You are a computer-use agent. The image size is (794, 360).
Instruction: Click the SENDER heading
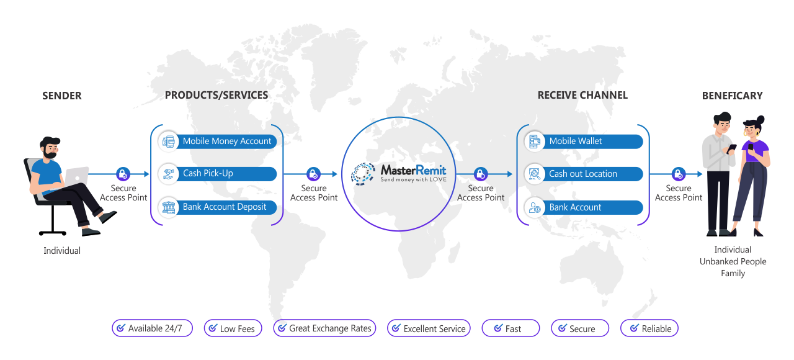(x=62, y=96)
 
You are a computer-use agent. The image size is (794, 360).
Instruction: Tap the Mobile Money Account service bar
(x=217, y=141)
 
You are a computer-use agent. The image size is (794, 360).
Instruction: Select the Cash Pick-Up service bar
(x=217, y=173)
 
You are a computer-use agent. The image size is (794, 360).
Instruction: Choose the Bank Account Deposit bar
(x=217, y=207)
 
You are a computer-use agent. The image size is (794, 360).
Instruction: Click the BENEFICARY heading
(x=732, y=96)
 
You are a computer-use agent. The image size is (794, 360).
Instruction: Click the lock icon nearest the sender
(x=123, y=174)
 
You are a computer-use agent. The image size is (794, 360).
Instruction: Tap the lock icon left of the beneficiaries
(x=679, y=174)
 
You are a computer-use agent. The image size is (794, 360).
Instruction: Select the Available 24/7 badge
(x=152, y=328)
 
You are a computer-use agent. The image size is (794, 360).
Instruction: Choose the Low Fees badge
(x=233, y=328)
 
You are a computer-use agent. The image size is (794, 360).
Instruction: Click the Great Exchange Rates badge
(x=324, y=328)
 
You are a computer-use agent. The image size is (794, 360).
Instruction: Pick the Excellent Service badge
(x=429, y=328)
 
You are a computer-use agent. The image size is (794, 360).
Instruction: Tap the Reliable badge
(x=649, y=328)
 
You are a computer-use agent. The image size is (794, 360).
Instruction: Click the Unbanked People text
(x=733, y=261)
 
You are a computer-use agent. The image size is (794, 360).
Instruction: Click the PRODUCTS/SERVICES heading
(x=216, y=95)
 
